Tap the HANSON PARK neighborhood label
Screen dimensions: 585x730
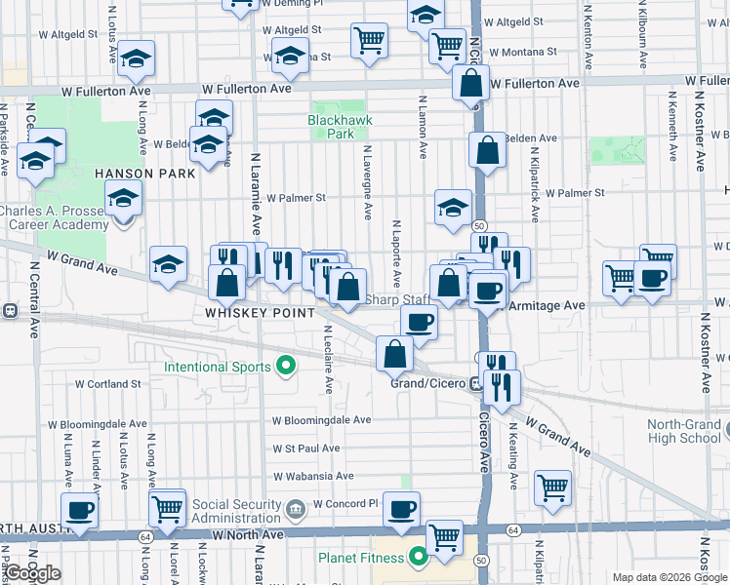pos(145,173)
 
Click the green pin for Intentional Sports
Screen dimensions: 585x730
pos(286,367)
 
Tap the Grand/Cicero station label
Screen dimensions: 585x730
pos(426,383)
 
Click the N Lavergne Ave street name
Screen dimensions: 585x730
pos(368,181)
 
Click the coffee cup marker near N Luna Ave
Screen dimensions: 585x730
pos(79,508)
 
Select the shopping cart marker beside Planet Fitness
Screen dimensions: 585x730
pos(445,535)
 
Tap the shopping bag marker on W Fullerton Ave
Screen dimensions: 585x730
pos(470,84)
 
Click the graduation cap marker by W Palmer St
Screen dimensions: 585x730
pos(453,206)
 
